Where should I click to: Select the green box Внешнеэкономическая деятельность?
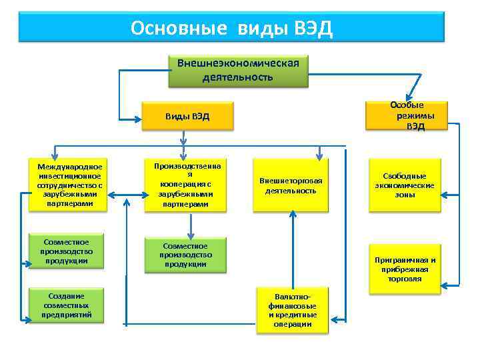[238, 70]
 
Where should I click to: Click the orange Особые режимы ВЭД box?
[407, 116]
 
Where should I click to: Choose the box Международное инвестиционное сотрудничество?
[70, 185]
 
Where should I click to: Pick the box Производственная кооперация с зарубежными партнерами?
[185, 184]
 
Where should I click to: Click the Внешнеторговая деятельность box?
[291, 185]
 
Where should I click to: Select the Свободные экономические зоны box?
[405, 185]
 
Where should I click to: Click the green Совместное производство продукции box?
[185, 255]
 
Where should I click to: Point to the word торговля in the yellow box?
[405, 279]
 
